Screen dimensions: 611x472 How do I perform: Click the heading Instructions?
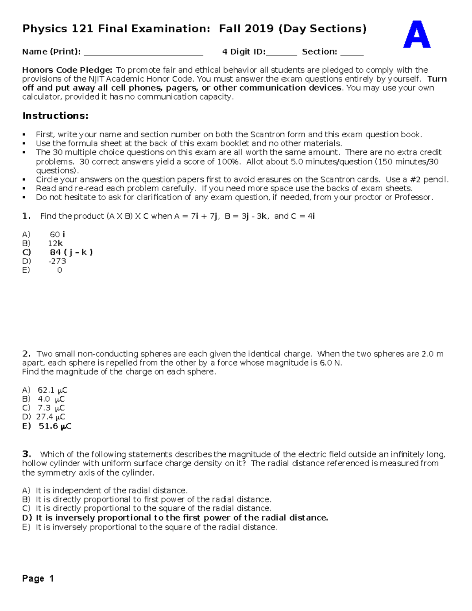pyautogui.click(x=55, y=116)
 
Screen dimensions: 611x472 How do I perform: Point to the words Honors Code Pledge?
pyautogui.click(x=67, y=70)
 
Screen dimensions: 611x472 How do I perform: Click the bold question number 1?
pyautogui.click(x=26, y=216)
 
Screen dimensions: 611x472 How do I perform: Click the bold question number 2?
pyautogui.click(x=26, y=354)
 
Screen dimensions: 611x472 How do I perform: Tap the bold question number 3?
pyautogui.click(x=26, y=454)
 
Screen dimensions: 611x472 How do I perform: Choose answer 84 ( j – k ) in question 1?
pyautogui.click(x=71, y=252)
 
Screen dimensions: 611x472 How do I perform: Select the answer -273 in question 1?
pyautogui.click(x=57, y=261)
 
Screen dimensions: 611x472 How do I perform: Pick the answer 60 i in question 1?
pyautogui.click(x=57, y=234)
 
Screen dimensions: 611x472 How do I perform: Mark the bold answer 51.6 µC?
pyautogui.click(x=55, y=426)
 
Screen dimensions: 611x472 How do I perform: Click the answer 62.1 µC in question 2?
pyautogui.click(x=52, y=390)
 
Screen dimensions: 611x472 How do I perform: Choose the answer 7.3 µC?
pyautogui.click(x=51, y=408)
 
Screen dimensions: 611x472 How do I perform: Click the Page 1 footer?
pyautogui.click(x=38, y=578)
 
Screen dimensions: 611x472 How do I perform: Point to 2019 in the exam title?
pyautogui.click(x=259, y=29)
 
